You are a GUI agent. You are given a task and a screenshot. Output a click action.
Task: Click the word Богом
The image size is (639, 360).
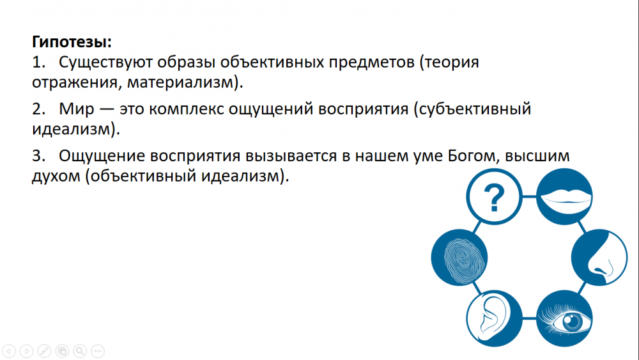tap(473, 156)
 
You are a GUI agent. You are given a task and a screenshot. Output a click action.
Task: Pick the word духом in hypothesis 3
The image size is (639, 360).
tap(56, 176)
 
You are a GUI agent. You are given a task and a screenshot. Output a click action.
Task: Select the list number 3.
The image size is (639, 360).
tap(37, 156)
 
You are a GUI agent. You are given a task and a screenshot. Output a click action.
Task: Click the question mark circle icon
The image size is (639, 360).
tap(494, 197)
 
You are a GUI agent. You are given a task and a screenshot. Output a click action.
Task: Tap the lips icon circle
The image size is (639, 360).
tap(564, 196)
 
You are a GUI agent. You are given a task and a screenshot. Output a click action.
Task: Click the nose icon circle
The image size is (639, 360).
tap(599, 257)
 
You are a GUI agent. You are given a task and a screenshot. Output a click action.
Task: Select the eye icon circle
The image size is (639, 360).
tap(564, 318)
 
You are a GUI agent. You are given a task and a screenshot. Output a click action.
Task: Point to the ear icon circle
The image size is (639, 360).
tap(494, 318)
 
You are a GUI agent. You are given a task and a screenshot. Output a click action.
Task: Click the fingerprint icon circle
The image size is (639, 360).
tap(459, 257)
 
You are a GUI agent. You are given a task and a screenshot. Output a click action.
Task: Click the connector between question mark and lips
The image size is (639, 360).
tap(529, 196)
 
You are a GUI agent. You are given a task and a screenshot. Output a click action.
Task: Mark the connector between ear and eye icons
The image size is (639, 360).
tap(529, 318)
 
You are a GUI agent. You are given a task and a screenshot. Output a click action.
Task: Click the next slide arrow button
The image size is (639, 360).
tap(26, 351)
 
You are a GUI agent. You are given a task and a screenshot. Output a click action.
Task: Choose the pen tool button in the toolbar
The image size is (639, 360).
tap(45, 351)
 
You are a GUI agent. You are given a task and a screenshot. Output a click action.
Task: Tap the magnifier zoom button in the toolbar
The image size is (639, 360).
tap(80, 351)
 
